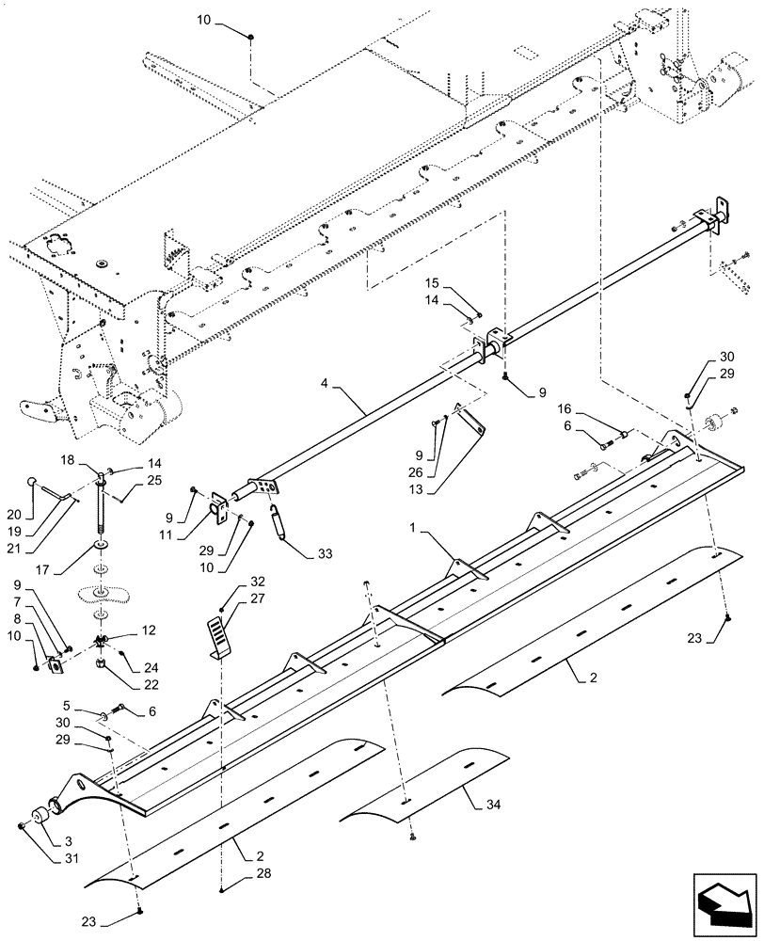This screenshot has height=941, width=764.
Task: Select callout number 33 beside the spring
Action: click(x=326, y=553)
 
